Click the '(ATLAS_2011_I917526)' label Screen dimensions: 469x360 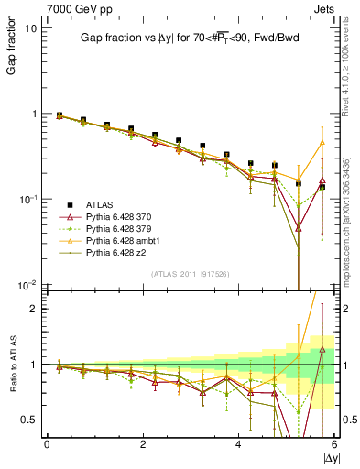click(190, 275)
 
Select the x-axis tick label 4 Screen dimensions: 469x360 click(238, 443)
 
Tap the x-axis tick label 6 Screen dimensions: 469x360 click(334, 443)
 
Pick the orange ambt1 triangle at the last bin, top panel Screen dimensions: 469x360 click(322, 142)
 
